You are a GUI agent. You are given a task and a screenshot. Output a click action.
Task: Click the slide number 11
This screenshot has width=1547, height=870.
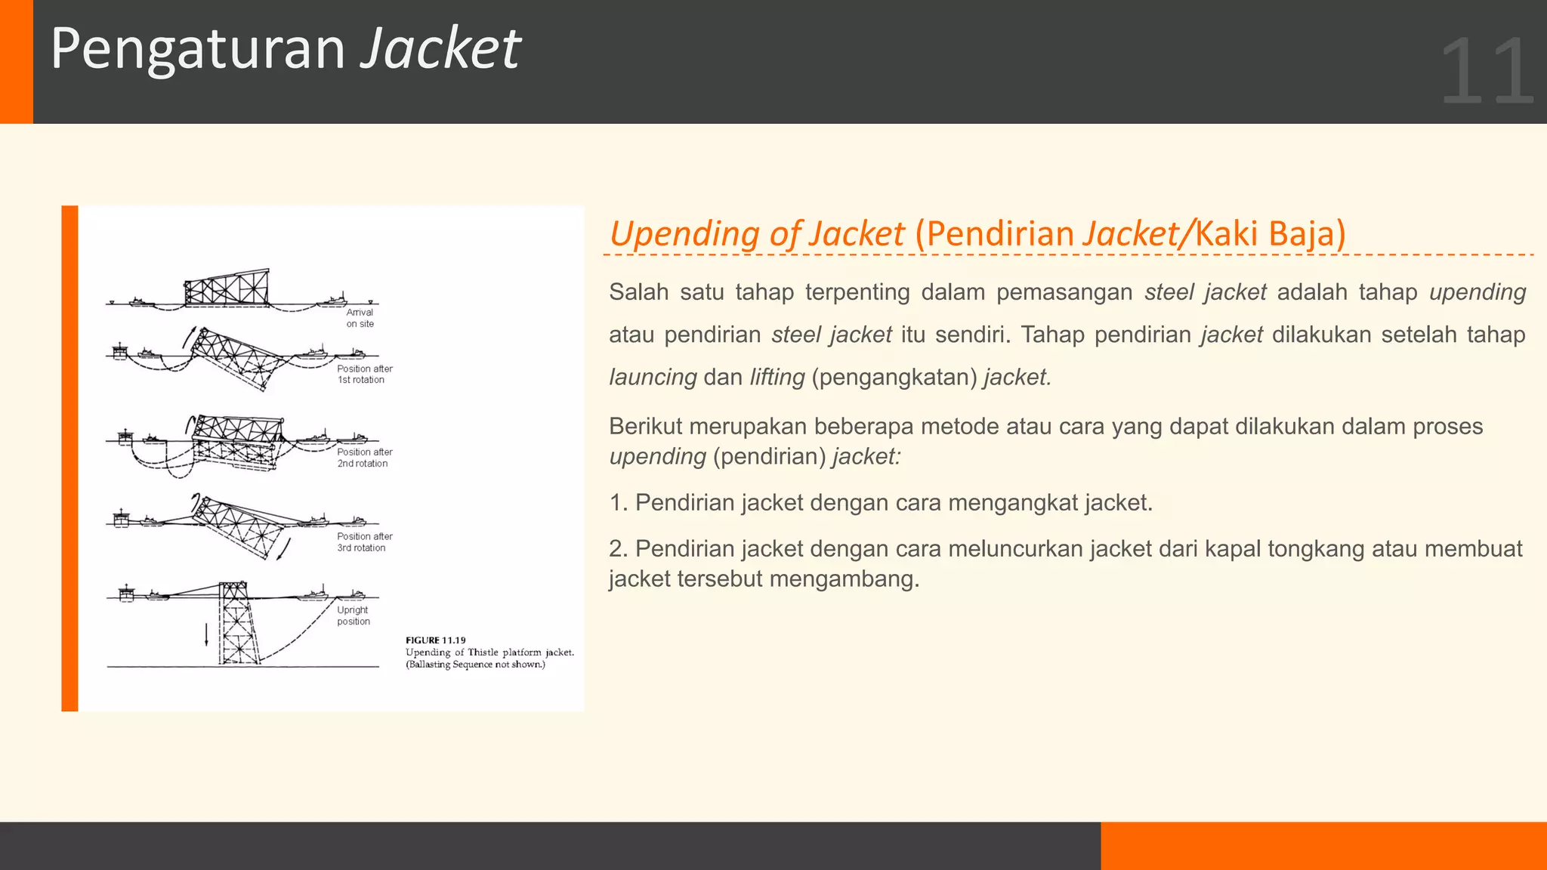(x=1487, y=72)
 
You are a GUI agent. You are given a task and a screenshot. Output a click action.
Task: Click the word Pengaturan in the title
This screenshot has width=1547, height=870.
(x=198, y=49)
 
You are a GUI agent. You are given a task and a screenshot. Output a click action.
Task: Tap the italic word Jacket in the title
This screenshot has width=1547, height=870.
(x=440, y=49)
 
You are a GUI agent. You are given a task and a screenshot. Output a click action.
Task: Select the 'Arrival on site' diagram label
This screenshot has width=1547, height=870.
(x=360, y=318)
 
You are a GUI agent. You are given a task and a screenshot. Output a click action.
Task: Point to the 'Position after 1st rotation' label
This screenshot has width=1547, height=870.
(x=364, y=375)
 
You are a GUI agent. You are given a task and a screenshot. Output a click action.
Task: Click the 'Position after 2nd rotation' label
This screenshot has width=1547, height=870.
(x=364, y=458)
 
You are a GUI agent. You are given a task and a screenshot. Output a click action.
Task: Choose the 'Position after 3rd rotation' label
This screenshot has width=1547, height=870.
(x=364, y=542)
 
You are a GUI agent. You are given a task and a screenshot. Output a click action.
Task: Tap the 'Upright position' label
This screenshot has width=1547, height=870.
(x=353, y=615)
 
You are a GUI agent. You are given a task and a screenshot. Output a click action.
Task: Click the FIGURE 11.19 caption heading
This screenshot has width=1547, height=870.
(x=436, y=640)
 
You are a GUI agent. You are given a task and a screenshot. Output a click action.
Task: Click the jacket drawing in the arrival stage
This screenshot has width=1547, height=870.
(x=227, y=289)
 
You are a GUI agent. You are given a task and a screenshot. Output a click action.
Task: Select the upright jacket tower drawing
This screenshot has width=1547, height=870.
(x=236, y=623)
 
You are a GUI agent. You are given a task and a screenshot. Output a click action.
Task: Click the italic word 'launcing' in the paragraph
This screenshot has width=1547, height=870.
(x=653, y=377)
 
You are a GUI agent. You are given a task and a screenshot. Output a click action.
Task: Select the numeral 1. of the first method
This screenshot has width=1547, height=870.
(x=618, y=503)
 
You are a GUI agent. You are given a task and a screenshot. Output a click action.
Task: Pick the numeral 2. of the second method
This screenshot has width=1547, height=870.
(x=618, y=549)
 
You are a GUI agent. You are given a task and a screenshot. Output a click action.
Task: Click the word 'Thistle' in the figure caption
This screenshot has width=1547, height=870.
(x=483, y=652)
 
